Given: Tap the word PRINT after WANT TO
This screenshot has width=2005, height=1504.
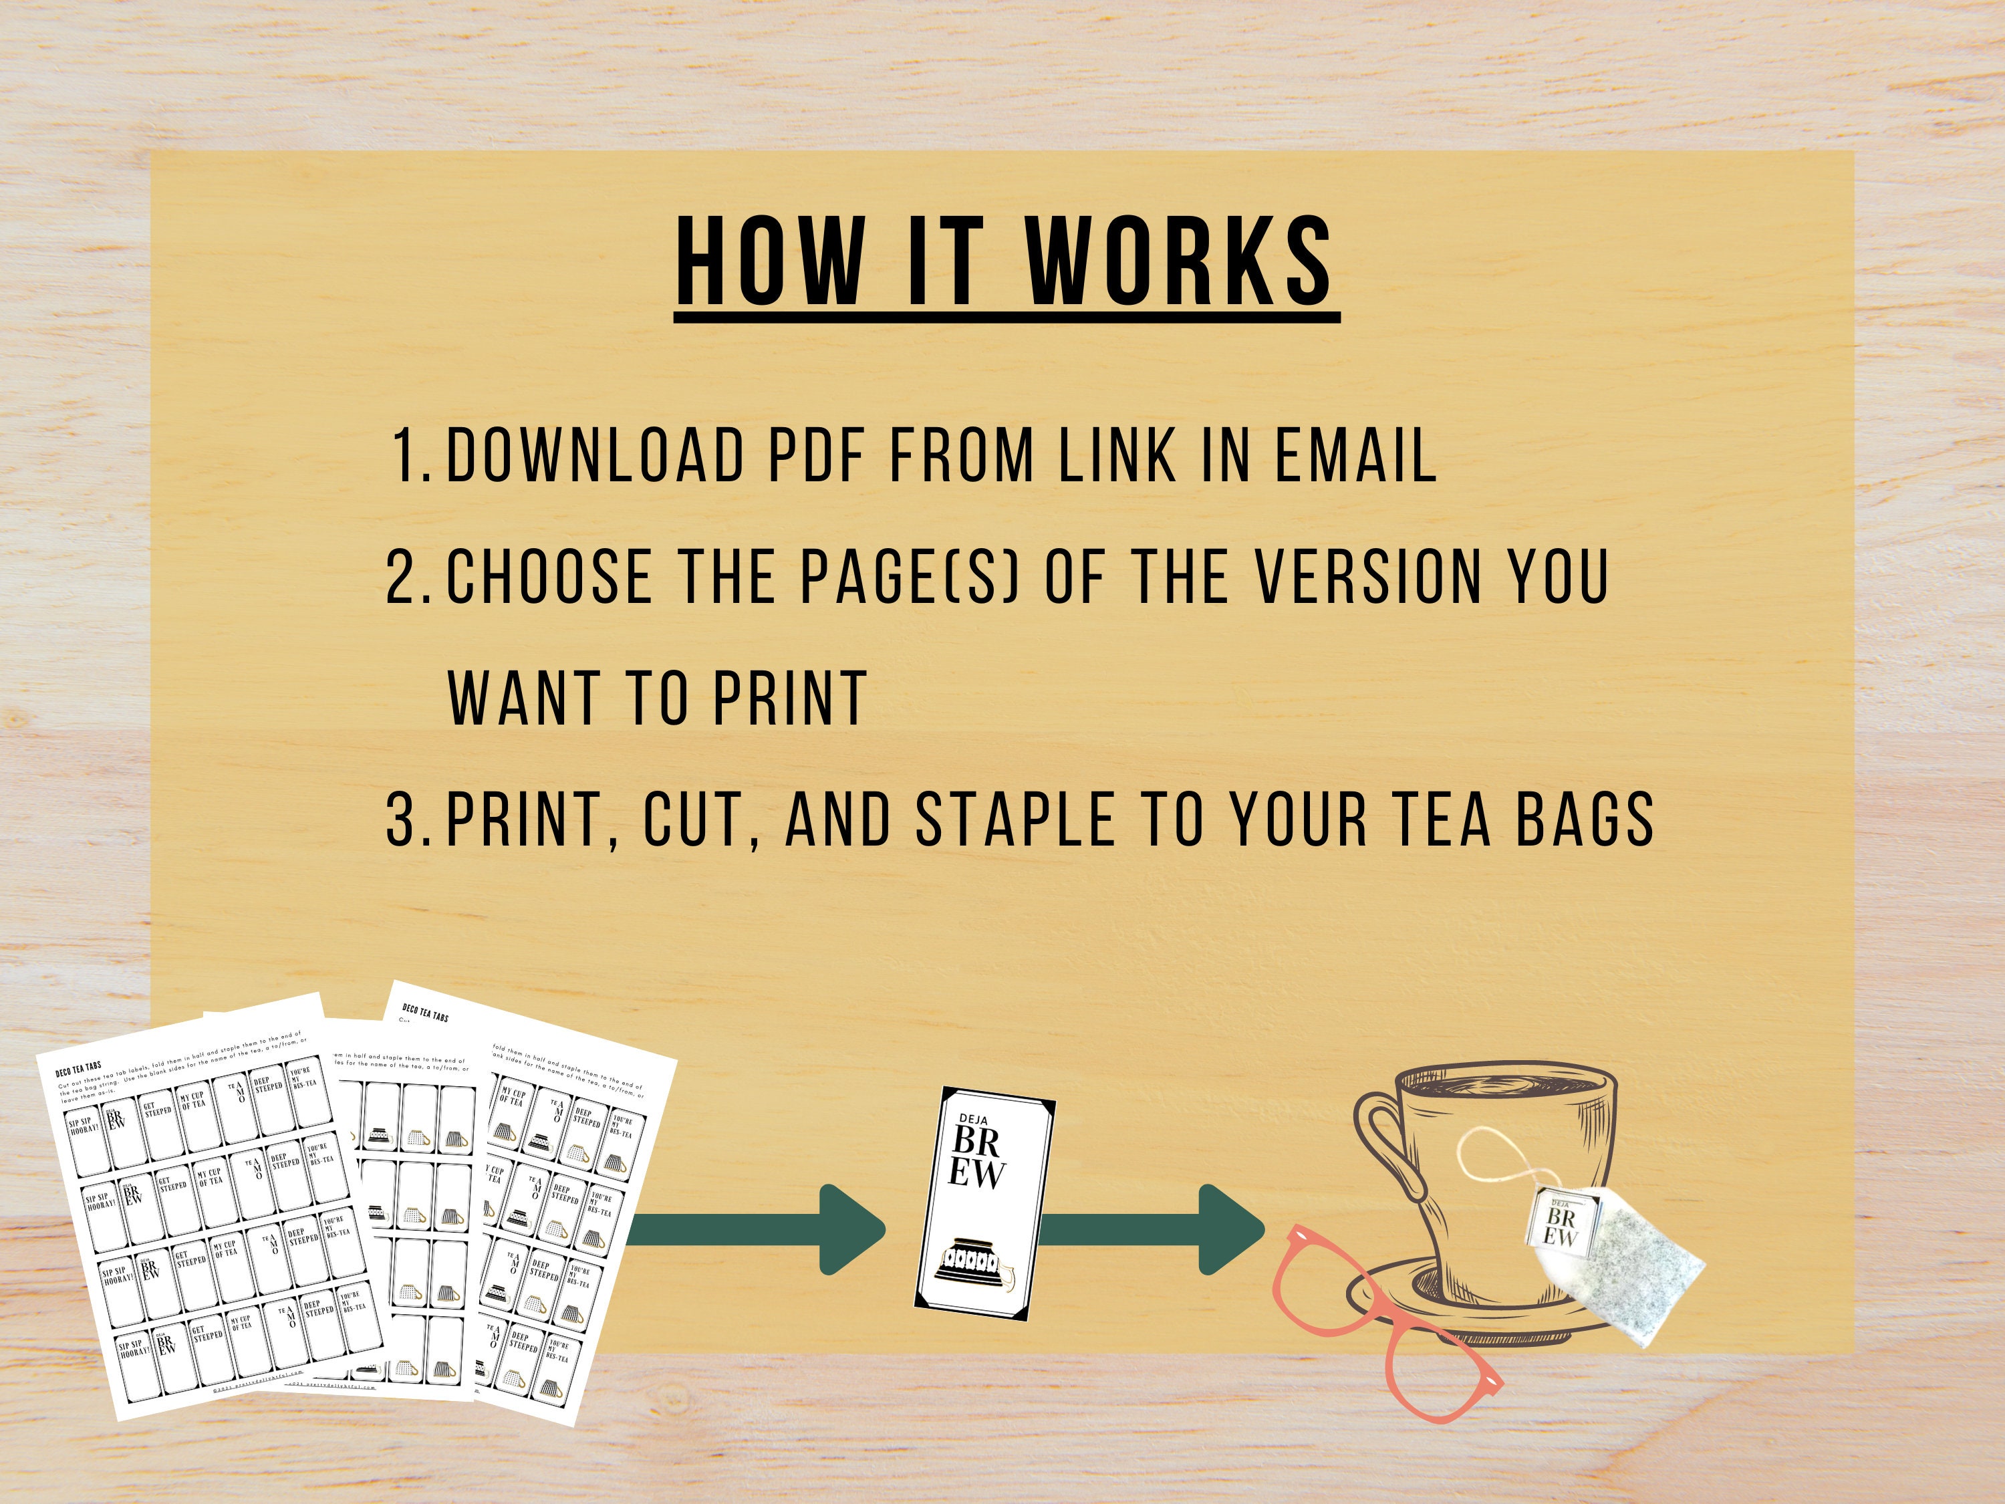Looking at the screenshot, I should point(789,698).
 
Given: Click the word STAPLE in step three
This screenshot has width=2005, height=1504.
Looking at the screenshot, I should point(1015,820).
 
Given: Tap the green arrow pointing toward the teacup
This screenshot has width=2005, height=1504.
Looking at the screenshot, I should point(1151,1229).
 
